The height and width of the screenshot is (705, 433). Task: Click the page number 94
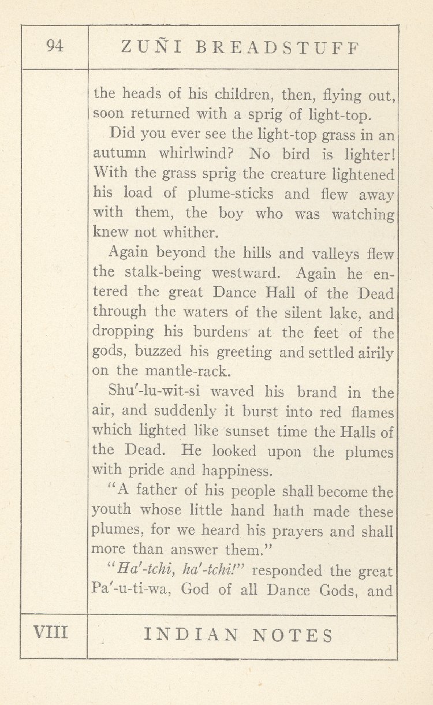[x=55, y=47]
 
